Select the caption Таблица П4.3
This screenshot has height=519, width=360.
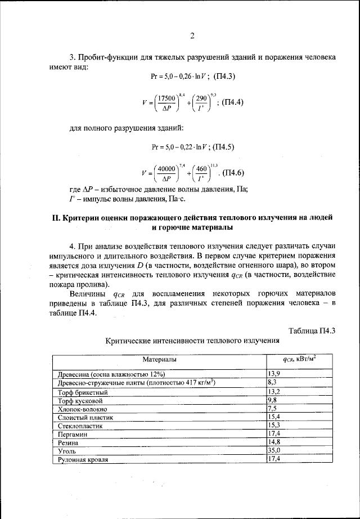point(312,330)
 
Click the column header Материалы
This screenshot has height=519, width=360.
point(159,359)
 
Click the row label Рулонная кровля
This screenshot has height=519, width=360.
point(83,459)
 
